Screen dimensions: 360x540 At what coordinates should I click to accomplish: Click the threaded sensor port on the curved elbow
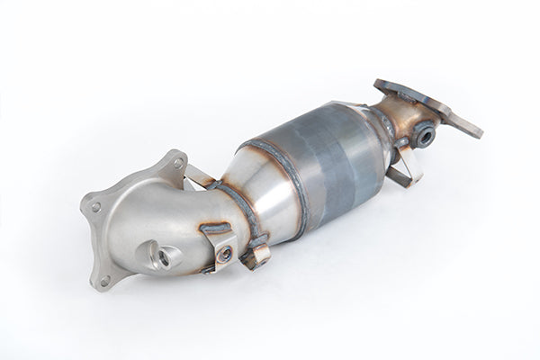point(164,256)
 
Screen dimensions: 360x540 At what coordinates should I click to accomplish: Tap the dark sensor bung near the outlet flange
point(422,136)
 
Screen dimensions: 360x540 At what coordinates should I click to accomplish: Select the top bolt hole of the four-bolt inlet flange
point(177,164)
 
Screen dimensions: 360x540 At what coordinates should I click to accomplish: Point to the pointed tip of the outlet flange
point(477,132)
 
